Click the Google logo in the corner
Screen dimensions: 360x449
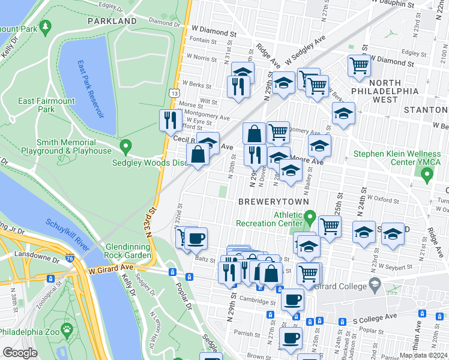click(x=20, y=353)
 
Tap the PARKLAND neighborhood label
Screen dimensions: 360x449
click(x=112, y=21)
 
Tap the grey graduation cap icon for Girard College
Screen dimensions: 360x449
click(x=375, y=284)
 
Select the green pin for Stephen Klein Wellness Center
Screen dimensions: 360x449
click(x=427, y=175)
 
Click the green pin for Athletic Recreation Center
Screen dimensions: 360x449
click(x=310, y=216)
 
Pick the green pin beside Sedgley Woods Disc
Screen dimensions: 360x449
click(x=125, y=146)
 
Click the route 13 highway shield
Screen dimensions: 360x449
click(x=174, y=94)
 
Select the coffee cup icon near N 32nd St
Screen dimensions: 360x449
click(x=196, y=238)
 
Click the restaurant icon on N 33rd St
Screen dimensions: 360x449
click(x=170, y=120)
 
